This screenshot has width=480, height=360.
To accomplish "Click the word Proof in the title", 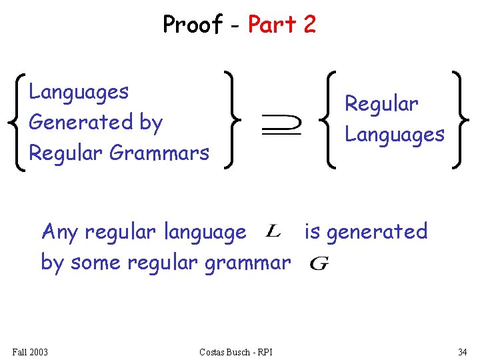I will point(193,25).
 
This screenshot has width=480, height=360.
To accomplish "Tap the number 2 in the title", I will point(309,25).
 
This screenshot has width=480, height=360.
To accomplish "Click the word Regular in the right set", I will point(381,104).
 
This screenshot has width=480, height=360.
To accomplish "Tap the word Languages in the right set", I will point(394,135).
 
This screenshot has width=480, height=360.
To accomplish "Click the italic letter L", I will point(273,231).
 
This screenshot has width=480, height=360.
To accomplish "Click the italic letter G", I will point(319,263).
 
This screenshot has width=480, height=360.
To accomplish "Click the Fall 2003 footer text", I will point(30,351).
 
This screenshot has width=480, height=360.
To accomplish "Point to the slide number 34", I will point(462,351).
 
